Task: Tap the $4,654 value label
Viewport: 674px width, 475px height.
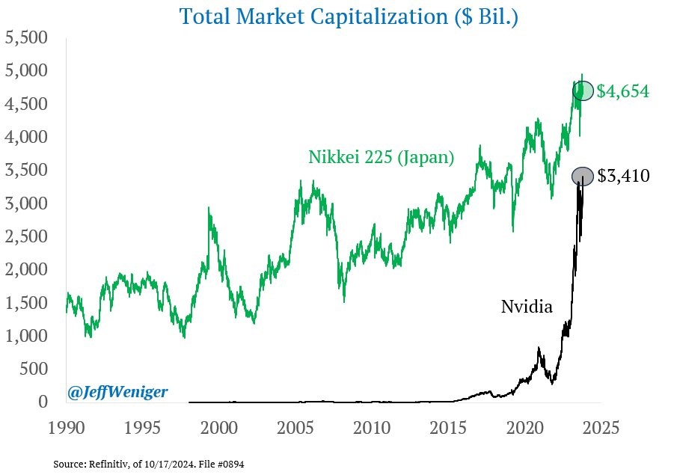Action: [623, 92]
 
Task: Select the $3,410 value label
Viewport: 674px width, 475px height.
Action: [623, 177]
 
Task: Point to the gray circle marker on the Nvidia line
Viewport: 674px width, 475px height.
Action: [583, 177]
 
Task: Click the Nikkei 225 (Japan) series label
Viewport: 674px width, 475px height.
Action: [381, 158]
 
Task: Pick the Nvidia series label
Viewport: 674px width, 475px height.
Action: [527, 306]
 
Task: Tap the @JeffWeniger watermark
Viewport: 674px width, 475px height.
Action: [117, 391]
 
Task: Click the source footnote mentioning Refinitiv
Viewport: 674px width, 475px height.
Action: [148, 465]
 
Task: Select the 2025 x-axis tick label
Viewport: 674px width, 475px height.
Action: [601, 429]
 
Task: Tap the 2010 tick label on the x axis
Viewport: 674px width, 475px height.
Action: [372, 429]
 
